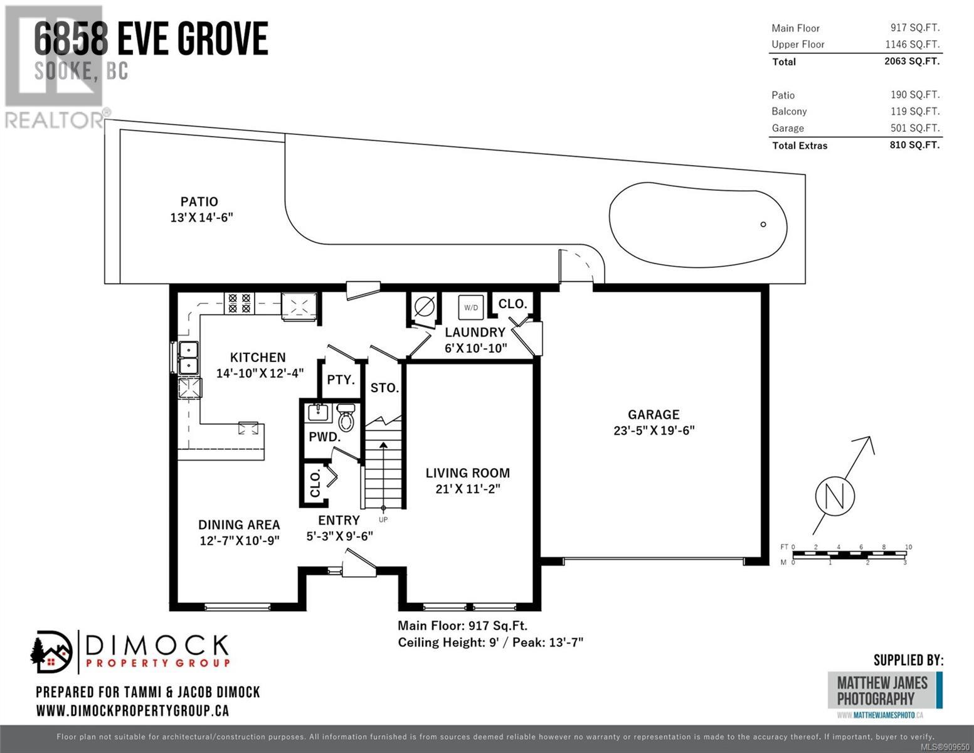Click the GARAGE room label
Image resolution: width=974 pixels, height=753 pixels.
tap(654, 414)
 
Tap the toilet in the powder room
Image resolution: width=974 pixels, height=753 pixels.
tap(346, 417)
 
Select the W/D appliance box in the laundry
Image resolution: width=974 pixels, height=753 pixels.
tap(471, 307)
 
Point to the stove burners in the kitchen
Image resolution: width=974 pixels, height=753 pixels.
tap(239, 303)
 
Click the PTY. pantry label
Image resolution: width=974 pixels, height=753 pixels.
tap(341, 380)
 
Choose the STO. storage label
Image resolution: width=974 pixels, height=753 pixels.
tap(384, 388)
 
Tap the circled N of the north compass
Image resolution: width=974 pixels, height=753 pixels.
tap(835, 496)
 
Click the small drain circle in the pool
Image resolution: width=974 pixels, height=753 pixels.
tap(763, 224)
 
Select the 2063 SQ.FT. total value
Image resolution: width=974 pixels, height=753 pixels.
tap(912, 61)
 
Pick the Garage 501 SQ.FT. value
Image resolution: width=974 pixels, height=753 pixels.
tap(915, 128)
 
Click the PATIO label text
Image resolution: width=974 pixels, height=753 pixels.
tap(199, 201)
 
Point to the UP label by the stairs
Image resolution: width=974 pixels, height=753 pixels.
tap(383, 520)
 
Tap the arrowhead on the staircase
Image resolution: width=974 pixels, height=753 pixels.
tap(383, 445)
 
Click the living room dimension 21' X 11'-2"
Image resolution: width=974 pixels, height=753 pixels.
tap(467, 488)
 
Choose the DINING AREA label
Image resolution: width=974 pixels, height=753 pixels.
tap(239, 524)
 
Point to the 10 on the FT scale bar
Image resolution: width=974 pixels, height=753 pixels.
tap(908, 547)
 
